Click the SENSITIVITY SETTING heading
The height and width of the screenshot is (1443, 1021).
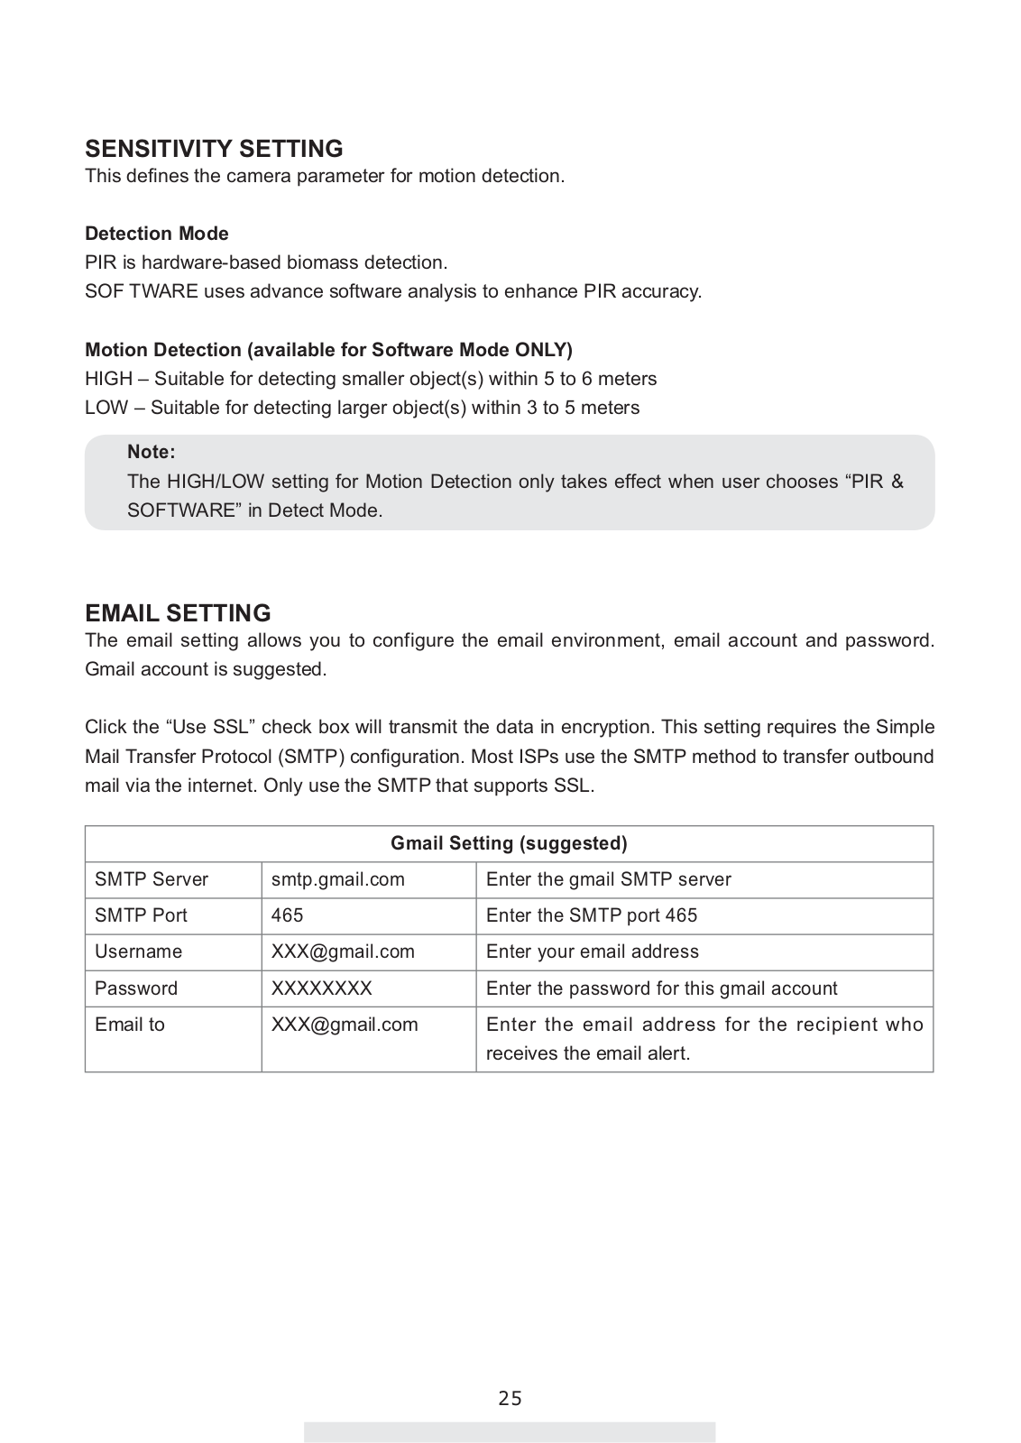point(214,149)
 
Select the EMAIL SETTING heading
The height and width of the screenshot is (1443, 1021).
point(178,613)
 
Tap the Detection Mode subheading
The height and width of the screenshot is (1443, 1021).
point(157,234)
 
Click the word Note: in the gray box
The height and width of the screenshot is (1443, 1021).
point(152,452)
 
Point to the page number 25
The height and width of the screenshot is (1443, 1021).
point(510,1399)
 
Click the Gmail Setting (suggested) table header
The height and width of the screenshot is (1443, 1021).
point(509,843)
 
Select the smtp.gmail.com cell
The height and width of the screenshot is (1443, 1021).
point(338,879)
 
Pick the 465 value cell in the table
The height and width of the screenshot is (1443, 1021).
point(288,915)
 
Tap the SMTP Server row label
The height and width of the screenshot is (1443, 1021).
point(152,879)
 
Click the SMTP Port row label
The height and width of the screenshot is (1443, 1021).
point(141,915)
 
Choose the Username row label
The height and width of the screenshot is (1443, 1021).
point(138,951)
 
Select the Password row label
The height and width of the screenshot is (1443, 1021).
point(136,988)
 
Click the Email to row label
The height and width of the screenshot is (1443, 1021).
point(130,1025)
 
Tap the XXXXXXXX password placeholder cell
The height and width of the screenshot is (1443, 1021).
point(322,988)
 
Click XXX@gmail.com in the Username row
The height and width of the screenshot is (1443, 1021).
point(343,951)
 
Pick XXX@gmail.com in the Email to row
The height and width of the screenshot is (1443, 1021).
point(345,1025)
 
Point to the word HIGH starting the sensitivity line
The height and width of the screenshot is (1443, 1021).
point(108,379)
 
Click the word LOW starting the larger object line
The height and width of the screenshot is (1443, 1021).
point(106,408)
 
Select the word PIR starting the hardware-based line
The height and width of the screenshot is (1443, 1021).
point(97,262)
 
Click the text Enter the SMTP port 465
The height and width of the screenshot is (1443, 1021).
point(592,915)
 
